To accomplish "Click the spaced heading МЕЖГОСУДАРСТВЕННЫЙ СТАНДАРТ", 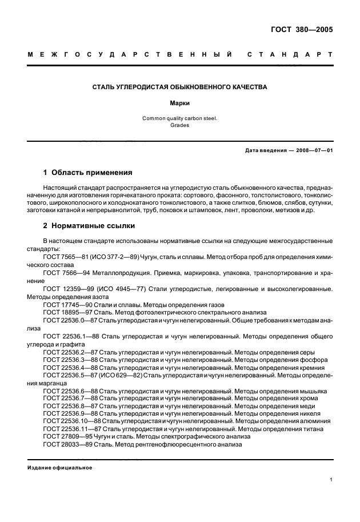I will click(180, 55).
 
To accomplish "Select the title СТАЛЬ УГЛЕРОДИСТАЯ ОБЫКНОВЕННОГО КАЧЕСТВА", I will click(180, 87).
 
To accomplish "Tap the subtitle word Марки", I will click(179, 105).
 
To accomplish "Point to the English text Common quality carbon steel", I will click(179, 118).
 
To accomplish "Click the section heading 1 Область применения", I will click(88, 172).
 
